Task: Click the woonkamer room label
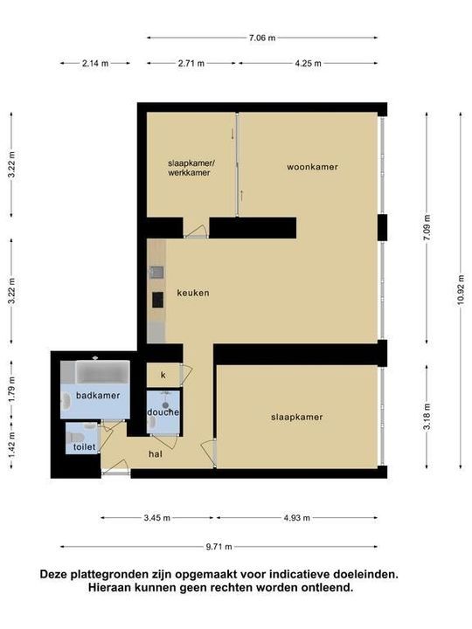click(312, 167)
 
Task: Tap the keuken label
click(192, 293)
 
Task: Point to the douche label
click(163, 411)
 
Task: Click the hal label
click(155, 453)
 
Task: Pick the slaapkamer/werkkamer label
click(190, 168)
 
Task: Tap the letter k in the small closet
click(163, 375)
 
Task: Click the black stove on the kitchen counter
click(157, 300)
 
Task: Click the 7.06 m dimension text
click(262, 38)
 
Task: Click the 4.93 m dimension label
click(296, 518)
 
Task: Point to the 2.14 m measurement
click(95, 63)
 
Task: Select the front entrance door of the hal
click(115, 473)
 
